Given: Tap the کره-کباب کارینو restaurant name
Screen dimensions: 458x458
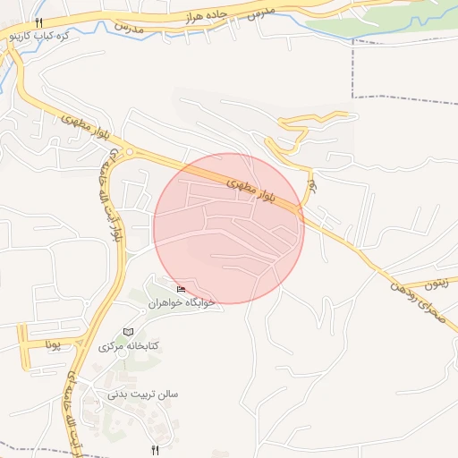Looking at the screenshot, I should pos(38,38).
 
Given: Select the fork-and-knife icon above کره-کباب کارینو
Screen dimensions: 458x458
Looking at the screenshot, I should pos(38,23).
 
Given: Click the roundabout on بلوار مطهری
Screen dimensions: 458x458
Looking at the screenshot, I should pos(131,153).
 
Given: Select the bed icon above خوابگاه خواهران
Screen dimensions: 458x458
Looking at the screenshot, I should pos(182,289).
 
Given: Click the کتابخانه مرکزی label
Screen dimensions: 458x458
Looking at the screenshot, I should pos(128,345).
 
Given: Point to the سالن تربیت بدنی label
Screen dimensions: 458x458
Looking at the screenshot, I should pos(144,394).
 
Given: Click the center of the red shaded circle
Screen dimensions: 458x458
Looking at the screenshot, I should pos(229,229).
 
